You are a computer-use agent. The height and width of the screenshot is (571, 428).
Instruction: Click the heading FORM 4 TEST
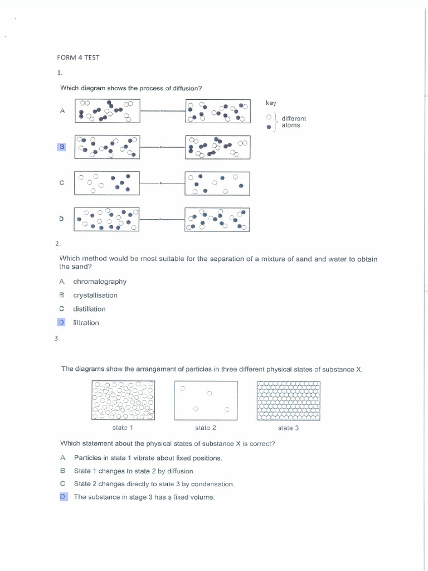click(x=78, y=57)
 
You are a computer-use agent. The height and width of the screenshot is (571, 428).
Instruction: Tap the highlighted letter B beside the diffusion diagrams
click(x=62, y=147)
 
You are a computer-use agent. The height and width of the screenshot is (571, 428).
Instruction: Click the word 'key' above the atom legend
click(x=271, y=103)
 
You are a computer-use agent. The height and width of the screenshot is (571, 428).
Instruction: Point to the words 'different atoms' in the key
click(x=293, y=122)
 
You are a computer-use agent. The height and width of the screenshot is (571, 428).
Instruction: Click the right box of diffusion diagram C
click(x=217, y=183)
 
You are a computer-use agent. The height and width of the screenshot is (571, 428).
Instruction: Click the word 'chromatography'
click(x=100, y=282)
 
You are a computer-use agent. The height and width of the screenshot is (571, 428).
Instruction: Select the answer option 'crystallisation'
click(x=95, y=296)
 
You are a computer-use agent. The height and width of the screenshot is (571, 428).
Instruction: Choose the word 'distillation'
click(x=89, y=309)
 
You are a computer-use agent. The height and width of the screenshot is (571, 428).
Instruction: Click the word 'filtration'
click(x=86, y=323)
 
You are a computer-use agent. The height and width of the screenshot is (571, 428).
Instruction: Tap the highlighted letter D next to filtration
click(x=62, y=322)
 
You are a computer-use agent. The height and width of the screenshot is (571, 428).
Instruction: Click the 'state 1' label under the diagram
click(x=123, y=428)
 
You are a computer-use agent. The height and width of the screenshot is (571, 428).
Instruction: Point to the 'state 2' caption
click(x=206, y=428)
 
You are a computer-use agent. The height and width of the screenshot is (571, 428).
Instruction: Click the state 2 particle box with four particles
click(x=206, y=400)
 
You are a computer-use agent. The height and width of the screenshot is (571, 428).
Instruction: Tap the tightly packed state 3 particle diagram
click(x=288, y=400)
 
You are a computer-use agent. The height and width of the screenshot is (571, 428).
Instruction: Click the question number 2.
click(x=57, y=244)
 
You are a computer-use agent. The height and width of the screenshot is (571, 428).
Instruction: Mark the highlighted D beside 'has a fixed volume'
click(x=62, y=497)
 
